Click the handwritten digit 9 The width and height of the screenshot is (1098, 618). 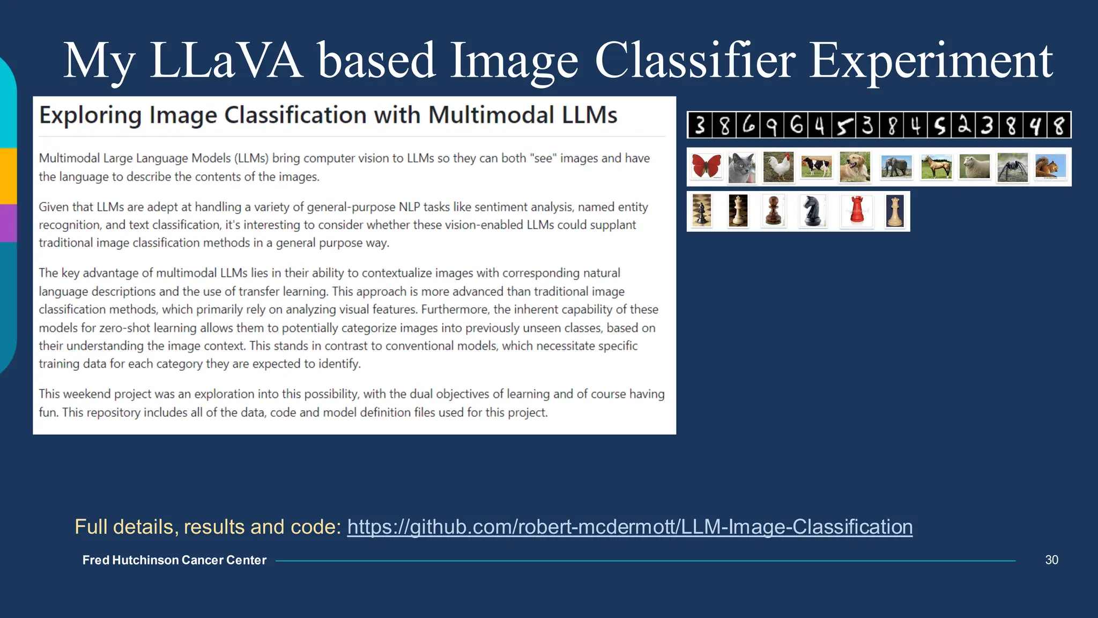pyautogui.click(x=771, y=126)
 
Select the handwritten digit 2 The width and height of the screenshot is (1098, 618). pyautogui.click(x=964, y=126)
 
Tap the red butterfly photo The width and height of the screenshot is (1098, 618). pyautogui.click(x=706, y=166)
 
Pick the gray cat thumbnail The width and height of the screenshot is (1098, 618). pyautogui.click(x=742, y=167)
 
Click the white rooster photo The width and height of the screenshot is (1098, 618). pyautogui.click(x=778, y=167)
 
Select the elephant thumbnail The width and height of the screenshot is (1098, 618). pyautogui.click(x=896, y=167)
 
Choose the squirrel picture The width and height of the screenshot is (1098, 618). pyautogui.click(x=1050, y=167)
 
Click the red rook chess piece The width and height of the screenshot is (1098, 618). pyautogui.click(x=857, y=211)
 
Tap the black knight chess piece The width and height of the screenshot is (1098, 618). pyautogui.click(x=812, y=211)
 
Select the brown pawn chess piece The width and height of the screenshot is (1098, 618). pyautogui.click(x=774, y=211)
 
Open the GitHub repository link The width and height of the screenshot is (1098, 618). pyautogui.click(x=629, y=527)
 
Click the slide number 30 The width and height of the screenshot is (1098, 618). pyautogui.click(x=1051, y=560)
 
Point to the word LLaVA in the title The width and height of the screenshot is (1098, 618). pyautogui.click(x=226, y=60)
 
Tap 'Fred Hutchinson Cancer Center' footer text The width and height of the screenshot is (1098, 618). pyautogui.click(x=174, y=560)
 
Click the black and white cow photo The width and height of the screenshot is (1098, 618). pyautogui.click(x=816, y=167)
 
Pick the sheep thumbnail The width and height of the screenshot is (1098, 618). pyautogui.click(x=974, y=167)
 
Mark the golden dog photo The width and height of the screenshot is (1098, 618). pyautogui.click(x=855, y=167)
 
